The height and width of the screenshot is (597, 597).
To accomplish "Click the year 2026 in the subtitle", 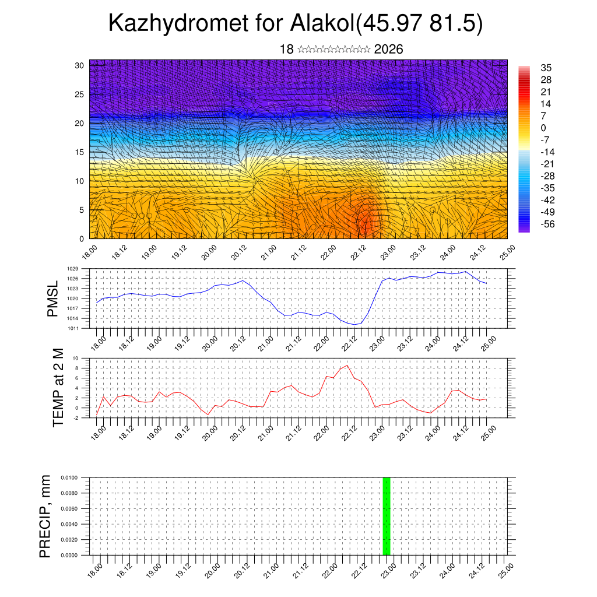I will [388, 49].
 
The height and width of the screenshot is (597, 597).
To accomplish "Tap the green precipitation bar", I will [386, 516].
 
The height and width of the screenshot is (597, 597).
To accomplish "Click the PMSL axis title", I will [53, 298].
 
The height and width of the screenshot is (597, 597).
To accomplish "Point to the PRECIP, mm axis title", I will [45, 516].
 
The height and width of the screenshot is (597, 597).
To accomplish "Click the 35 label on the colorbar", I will [546, 68].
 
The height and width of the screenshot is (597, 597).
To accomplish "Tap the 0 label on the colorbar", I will [543, 128].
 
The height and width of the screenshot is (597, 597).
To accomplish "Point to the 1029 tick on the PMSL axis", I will [73, 269].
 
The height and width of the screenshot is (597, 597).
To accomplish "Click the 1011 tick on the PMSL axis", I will [73, 328].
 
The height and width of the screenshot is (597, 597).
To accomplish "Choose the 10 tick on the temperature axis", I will [75, 358].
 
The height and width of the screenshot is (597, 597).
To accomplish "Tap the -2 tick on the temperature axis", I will [75, 418].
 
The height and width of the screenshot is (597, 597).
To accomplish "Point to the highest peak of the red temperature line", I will [347, 366].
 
